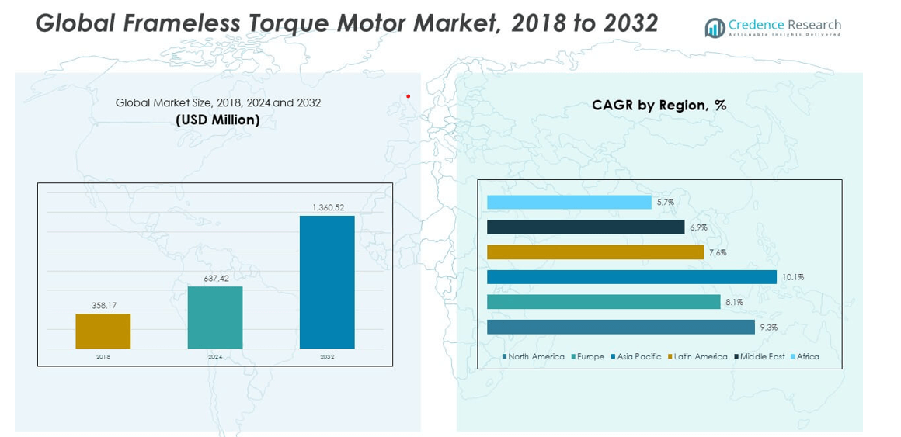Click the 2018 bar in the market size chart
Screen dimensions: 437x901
click(103, 331)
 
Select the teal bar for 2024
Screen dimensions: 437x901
click(215, 317)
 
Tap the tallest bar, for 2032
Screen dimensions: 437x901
click(327, 282)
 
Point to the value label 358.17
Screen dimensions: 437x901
click(103, 306)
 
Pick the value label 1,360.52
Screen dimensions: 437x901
click(328, 207)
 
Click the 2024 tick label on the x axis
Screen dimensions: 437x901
click(215, 357)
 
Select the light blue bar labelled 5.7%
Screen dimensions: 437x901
click(569, 203)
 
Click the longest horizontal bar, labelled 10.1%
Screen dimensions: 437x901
click(631, 277)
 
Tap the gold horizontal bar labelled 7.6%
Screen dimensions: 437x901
click(595, 252)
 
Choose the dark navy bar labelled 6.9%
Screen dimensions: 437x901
click(586, 227)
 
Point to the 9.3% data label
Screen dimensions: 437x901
click(769, 327)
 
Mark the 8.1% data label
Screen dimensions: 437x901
click(734, 302)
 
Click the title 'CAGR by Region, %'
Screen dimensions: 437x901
click(659, 106)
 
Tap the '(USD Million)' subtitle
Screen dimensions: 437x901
click(217, 120)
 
